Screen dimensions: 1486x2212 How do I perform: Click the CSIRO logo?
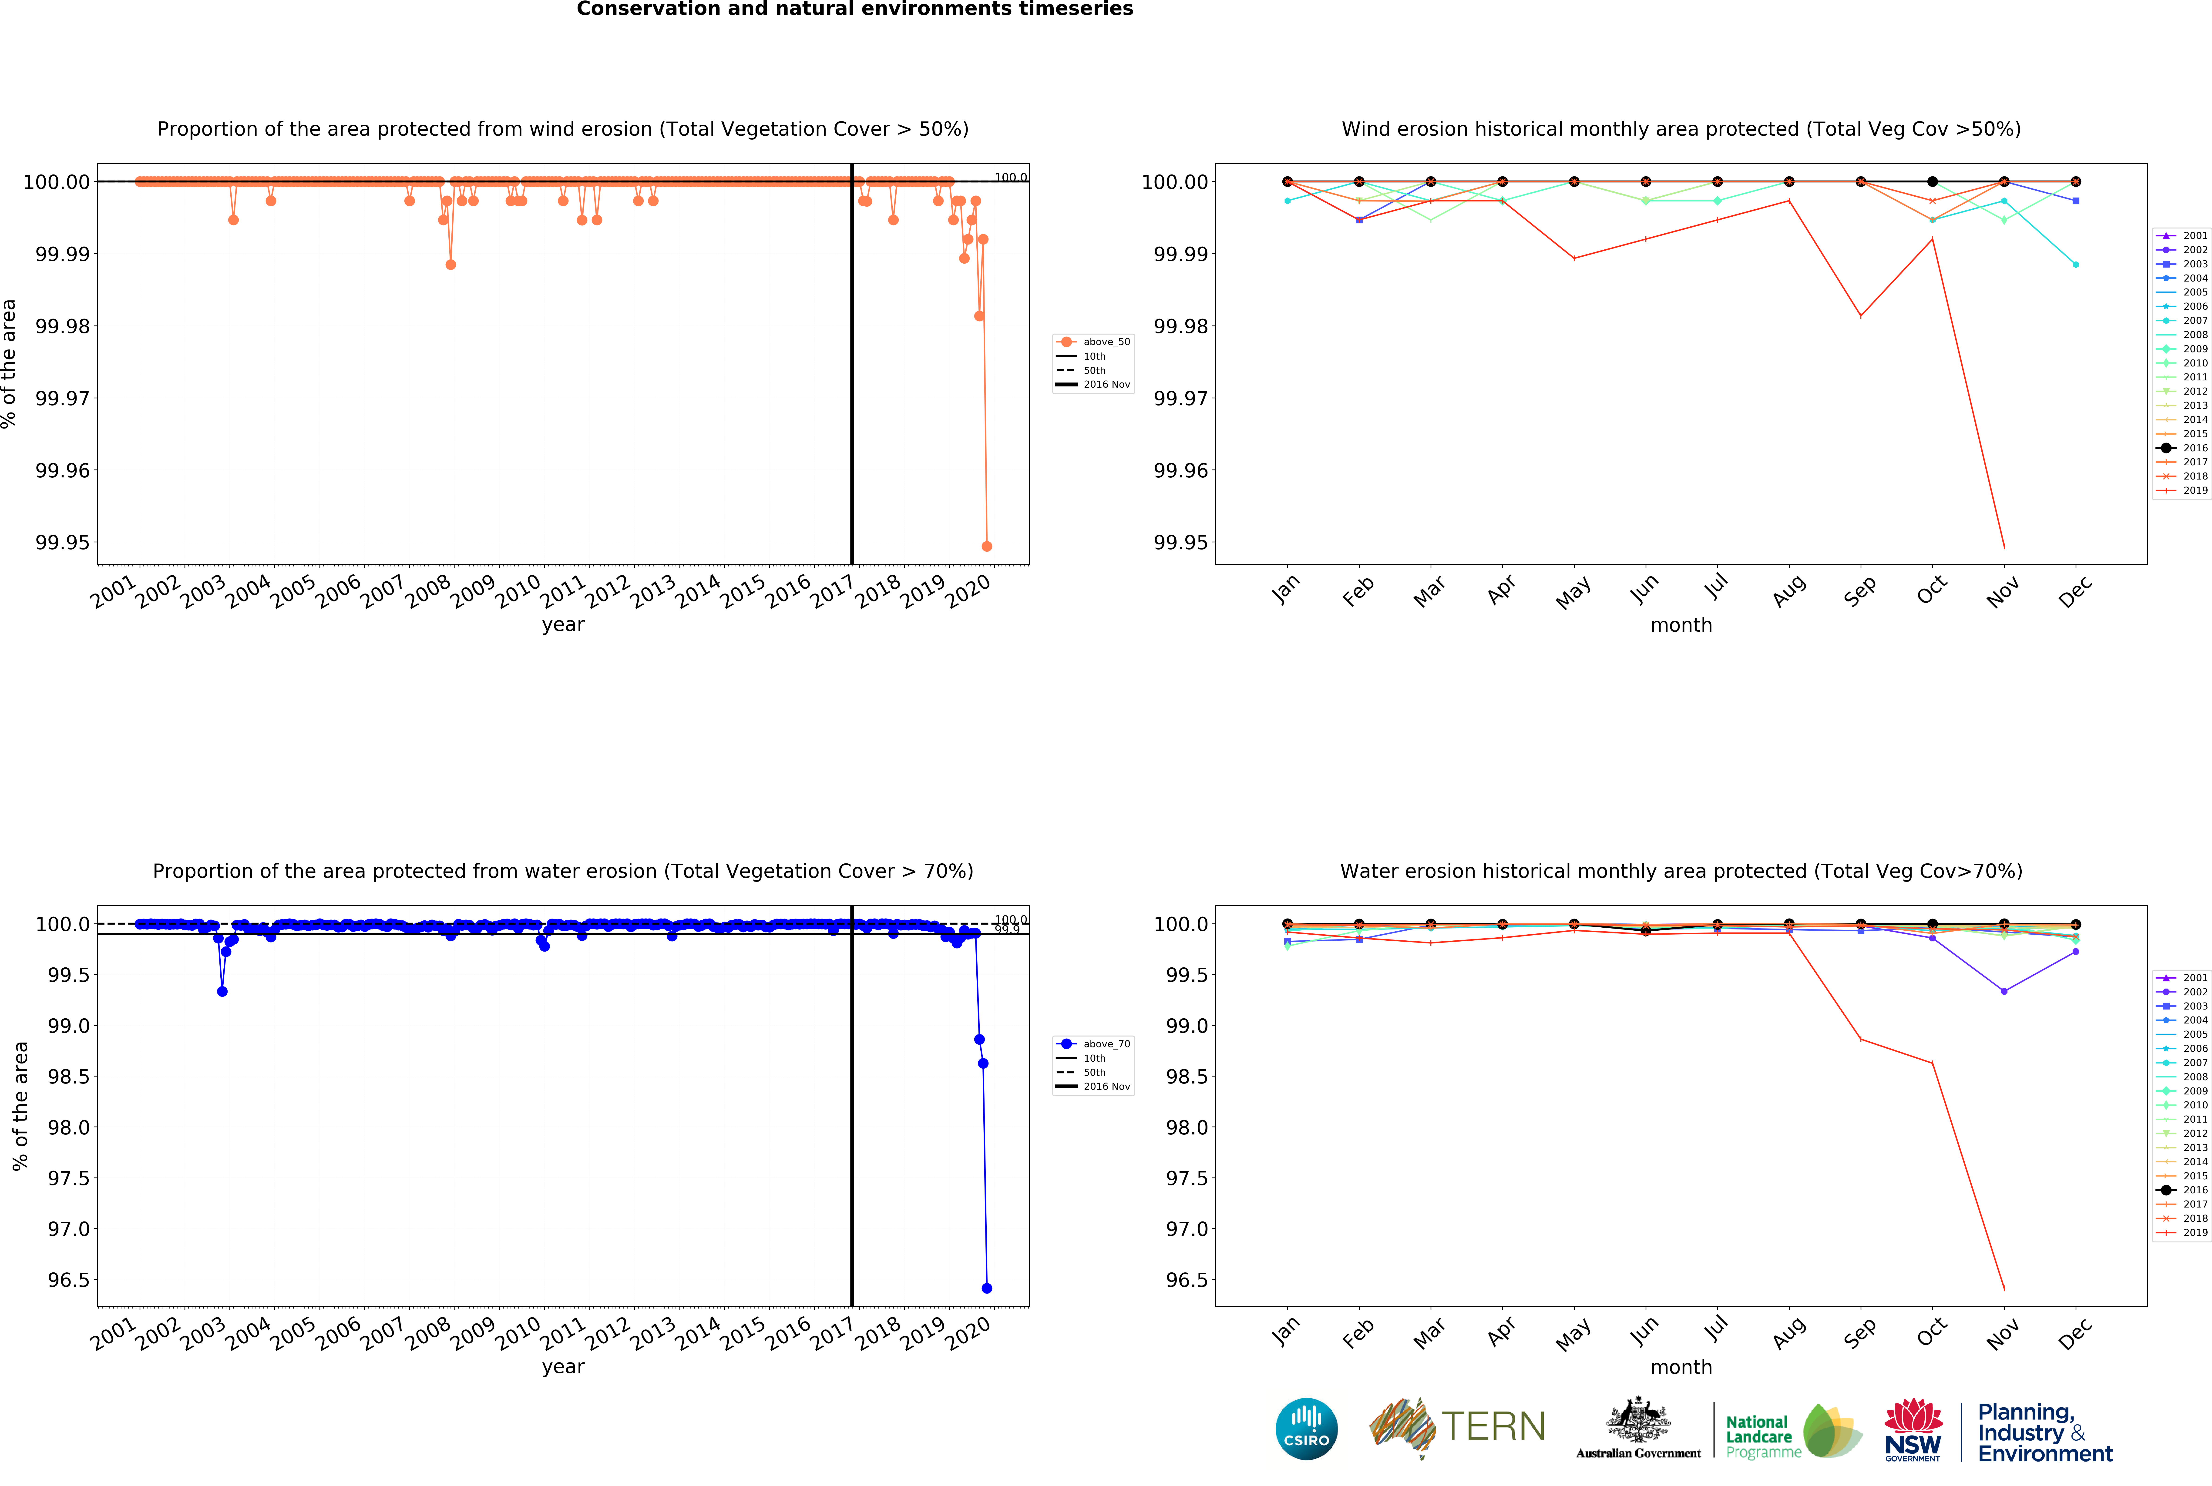pos(1306,1428)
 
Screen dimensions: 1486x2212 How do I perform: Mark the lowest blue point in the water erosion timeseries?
pos(987,1288)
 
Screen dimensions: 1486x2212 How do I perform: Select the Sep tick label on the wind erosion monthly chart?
pos(1859,590)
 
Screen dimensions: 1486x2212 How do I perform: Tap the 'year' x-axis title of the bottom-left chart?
pos(563,1367)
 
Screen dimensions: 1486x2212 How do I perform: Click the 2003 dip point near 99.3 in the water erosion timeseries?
pos(222,991)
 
